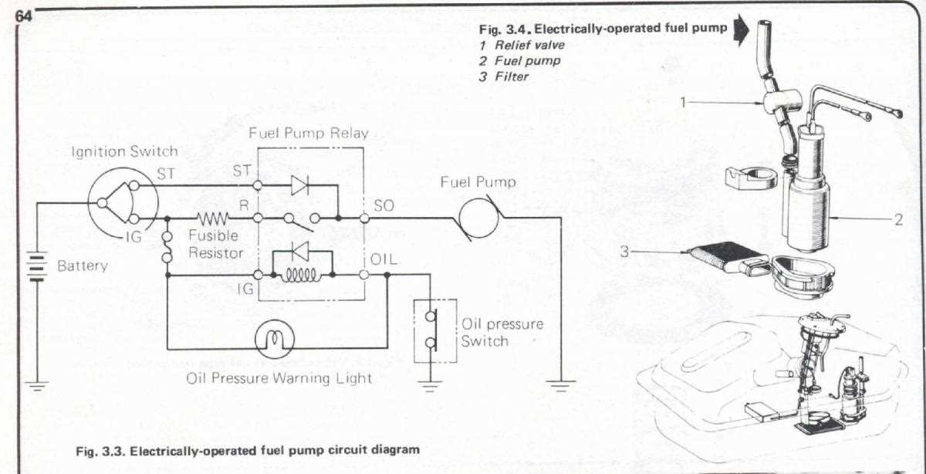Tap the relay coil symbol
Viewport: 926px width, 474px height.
click(302, 275)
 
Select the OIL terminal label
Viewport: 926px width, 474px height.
click(384, 259)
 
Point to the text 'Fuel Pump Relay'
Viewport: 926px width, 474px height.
click(308, 133)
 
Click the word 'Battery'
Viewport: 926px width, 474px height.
click(83, 266)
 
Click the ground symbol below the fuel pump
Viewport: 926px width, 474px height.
click(560, 382)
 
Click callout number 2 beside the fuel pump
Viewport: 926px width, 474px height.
click(898, 219)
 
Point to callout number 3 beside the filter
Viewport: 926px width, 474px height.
click(625, 251)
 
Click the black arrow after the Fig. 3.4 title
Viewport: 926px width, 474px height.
click(742, 31)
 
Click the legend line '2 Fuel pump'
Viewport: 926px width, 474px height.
click(509, 61)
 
